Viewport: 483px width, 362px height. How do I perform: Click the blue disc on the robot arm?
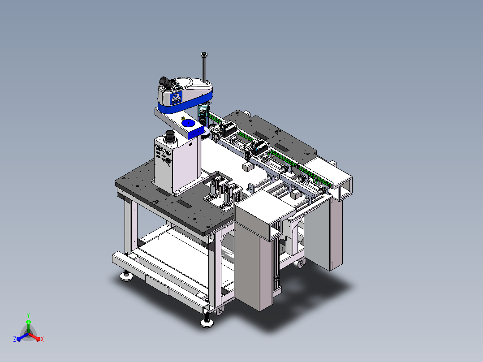[188, 124]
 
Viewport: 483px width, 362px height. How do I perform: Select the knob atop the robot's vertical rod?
[203, 55]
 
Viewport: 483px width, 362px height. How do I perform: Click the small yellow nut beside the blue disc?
[183, 118]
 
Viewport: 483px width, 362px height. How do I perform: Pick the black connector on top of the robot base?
[170, 136]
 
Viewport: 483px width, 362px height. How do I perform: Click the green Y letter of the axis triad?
[28, 315]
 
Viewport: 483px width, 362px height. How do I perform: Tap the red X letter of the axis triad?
[42, 339]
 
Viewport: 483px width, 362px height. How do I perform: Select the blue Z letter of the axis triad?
[15, 339]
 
